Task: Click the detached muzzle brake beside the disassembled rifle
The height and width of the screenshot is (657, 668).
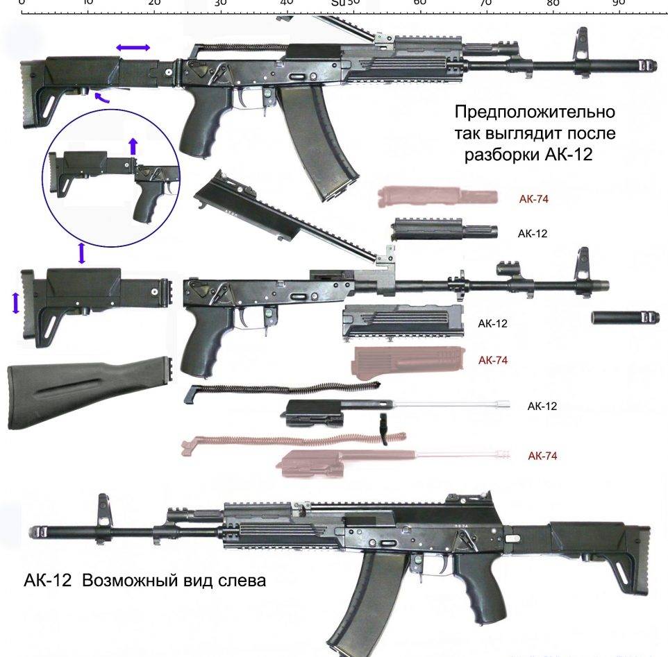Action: (x=624, y=317)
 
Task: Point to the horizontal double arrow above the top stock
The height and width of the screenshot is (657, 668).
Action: (x=133, y=47)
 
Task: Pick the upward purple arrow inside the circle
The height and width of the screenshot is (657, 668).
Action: (x=133, y=146)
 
